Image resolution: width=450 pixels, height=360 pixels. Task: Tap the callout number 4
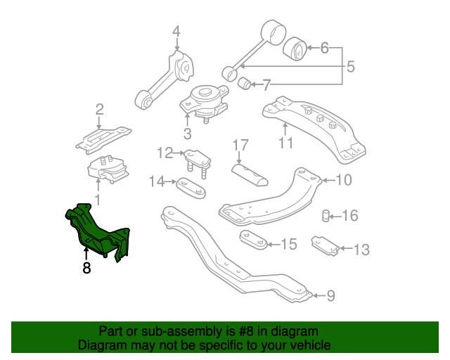click(x=176, y=31)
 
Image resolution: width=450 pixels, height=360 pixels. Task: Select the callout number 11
click(x=285, y=144)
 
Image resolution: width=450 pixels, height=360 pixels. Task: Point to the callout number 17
click(x=240, y=146)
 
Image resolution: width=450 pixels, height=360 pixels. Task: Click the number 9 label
click(x=330, y=296)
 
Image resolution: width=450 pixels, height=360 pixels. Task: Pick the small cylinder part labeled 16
click(x=327, y=214)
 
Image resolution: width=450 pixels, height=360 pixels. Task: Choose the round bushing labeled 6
click(x=295, y=49)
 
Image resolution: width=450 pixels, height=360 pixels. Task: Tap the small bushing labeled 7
click(x=245, y=84)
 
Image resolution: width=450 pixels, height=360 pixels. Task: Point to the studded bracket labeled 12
click(x=195, y=159)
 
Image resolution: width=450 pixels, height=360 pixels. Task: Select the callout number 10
click(x=342, y=181)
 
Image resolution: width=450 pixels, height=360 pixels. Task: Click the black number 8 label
click(x=86, y=268)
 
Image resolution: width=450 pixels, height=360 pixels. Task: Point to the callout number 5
click(x=349, y=68)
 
